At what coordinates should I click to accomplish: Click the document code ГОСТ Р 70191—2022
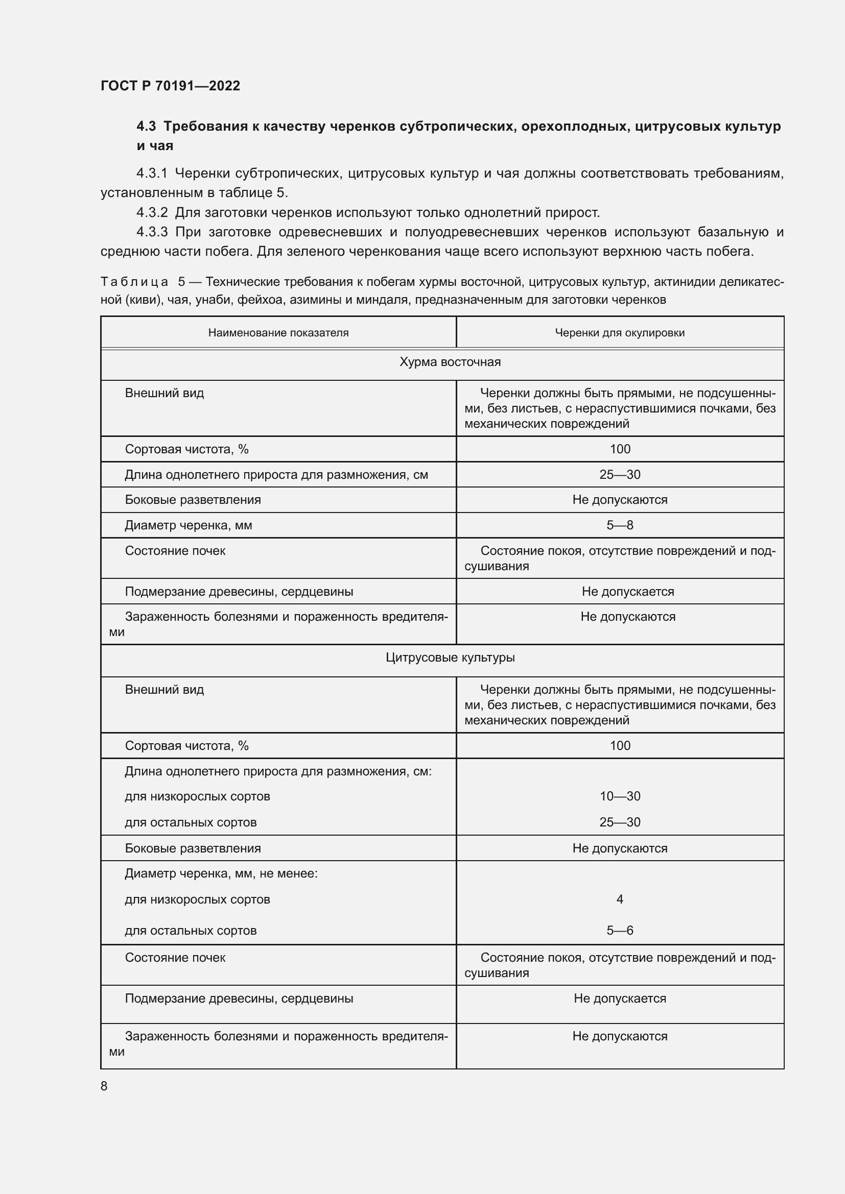170,86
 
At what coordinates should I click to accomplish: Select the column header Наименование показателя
278,333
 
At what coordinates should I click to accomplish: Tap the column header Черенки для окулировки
620,333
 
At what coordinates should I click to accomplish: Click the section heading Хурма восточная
450,362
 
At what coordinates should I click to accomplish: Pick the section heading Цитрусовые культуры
450,657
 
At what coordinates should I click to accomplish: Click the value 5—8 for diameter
620,525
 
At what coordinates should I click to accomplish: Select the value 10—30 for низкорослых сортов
620,796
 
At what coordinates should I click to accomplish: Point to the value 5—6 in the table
620,931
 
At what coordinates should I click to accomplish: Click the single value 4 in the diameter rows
620,899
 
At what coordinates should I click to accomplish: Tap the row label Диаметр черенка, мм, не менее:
221,873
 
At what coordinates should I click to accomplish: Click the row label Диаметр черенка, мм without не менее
189,525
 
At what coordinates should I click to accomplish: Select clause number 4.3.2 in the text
152,213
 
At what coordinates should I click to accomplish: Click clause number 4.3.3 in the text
152,232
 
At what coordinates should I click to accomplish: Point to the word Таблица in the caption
134,282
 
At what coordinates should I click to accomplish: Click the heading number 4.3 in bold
146,127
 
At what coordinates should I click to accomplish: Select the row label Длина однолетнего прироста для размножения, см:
278,771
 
